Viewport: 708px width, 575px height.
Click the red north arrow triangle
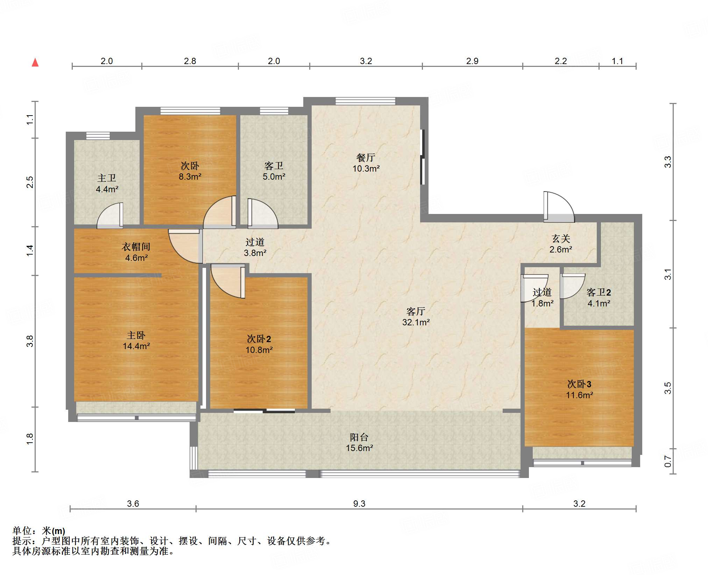[x=35, y=62]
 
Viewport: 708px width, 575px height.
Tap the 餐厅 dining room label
[x=366, y=158]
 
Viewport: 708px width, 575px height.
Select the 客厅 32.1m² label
[x=416, y=317]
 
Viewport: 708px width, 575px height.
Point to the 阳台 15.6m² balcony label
[x=359, y=442]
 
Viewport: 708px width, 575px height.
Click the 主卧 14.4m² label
[x=136, y=341]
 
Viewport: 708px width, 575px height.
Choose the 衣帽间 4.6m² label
[x=136, y=252]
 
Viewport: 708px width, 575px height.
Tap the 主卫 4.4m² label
[x=107, y=183]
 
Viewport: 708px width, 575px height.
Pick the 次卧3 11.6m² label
[x=579, y=389]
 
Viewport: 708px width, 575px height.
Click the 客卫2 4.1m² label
[x=599, y=298]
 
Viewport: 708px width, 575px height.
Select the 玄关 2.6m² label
[x=561, y=244]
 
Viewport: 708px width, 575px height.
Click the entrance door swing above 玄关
[x=559, y=207]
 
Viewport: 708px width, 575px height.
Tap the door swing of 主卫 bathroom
[x=109, y=216]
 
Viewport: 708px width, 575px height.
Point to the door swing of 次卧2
[x=227, y=282]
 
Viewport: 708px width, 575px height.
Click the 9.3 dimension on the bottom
[x=359, y=504]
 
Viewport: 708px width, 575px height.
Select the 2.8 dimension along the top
[x=190, y=61]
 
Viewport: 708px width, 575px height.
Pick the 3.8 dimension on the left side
[x=30, y=341]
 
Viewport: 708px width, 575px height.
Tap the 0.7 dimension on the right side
[x=668, y=461]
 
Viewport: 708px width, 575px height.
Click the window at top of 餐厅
[x=366, y=101]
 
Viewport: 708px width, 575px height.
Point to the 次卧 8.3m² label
[x=190, y=171]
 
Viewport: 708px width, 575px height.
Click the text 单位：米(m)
[x=39, y=531]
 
